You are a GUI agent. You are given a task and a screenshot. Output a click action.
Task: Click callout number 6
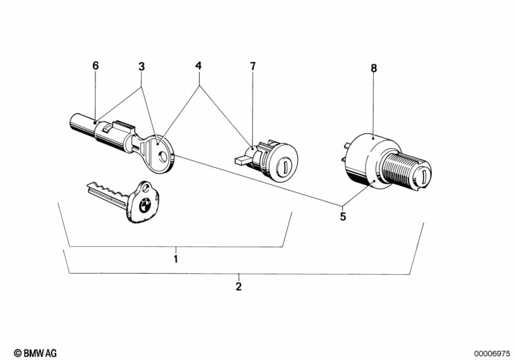[95, 66]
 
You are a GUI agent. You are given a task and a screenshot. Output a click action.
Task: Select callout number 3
[141, 66]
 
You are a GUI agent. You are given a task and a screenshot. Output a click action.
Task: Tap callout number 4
[199, 66]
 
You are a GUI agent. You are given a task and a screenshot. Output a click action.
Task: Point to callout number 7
[253, 66]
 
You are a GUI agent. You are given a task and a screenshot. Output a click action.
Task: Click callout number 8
[374, 68]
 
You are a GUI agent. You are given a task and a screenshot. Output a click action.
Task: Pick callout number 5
[343, 216]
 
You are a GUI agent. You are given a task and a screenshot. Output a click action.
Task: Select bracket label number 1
[176, 259]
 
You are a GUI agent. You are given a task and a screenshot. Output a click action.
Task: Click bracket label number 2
[238, 287]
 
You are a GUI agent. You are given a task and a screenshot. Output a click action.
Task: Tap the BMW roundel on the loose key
[145, 206]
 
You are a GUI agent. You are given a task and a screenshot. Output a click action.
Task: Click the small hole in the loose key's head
[146, 188]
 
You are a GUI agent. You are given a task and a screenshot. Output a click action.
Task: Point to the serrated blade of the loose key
[108, 194]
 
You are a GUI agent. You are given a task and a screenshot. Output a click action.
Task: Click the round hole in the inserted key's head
[162, 155]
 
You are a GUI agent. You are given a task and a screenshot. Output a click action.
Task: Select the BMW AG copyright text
[35, 353]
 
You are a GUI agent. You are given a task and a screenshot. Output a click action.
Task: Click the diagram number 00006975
[492, 354]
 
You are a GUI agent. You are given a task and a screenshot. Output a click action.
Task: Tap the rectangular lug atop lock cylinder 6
[124, 125]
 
